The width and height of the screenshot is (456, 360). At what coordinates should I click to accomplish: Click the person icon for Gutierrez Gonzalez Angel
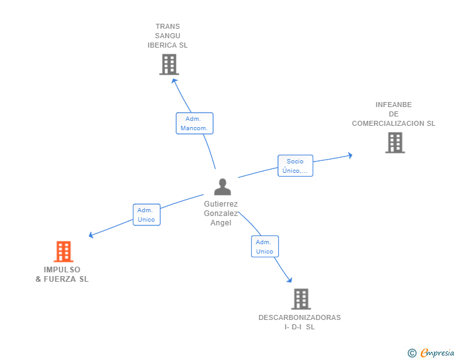pyautogui.click(x=222, y=187)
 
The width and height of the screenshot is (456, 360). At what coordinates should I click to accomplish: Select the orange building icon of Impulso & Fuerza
pyautogui.click(x=63, y=252)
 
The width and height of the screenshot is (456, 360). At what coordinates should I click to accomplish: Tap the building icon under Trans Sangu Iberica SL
pyautogui.click(x=169, y=64)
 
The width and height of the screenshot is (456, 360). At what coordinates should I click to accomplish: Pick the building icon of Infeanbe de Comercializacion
pyautogui.click(x=395, y=143)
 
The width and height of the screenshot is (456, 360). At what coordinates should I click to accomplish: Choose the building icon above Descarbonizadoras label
pyautogui.click(x=301, y=299)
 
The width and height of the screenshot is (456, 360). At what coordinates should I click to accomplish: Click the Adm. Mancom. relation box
pyautogui.click(x=195, y=123)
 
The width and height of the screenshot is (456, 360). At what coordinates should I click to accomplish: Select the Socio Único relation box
pyautogui.click(x=295, y=166)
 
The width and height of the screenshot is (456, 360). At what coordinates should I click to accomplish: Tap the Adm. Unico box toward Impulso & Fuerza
pyautogui.click(x=147, y=215)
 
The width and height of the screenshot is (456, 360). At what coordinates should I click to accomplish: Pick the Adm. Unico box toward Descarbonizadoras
pyautogui.click(x=265, y=247)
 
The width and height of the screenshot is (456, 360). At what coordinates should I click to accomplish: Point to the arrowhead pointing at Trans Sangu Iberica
pyautogui.click(x=174, y=81)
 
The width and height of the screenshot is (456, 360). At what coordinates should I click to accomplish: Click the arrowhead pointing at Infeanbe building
pyautogui.click(x=350, y=155)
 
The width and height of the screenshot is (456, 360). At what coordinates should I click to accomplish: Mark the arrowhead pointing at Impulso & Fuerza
pyautogui.click(x=91, y=235)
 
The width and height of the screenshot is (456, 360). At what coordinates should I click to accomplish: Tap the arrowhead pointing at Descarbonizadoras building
pyautogui.click(x=289, y=280)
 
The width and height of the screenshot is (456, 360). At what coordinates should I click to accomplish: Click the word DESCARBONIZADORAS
pyautogui.click(x=299, y=317)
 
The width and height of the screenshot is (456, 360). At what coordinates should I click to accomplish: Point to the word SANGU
pyautogui.click(x=167, y=36)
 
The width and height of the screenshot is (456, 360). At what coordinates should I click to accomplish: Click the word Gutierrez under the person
pyautogui.click(x=220, y=204)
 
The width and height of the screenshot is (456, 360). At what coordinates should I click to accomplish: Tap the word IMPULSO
pyautogui.click(x=62, y=270)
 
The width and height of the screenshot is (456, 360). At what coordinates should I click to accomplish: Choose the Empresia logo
pyautogui.click(x=437, y=352)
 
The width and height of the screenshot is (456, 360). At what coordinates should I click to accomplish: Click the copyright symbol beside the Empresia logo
pyautogui.click(x=412, y=353)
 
